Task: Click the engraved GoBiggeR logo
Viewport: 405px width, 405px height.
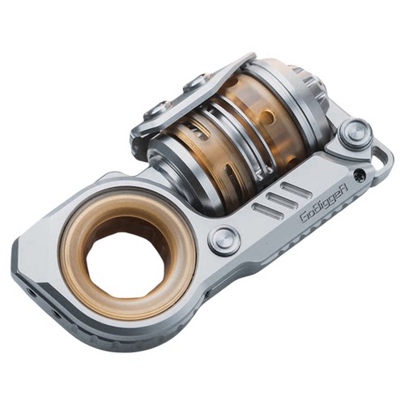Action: [324, 207]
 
